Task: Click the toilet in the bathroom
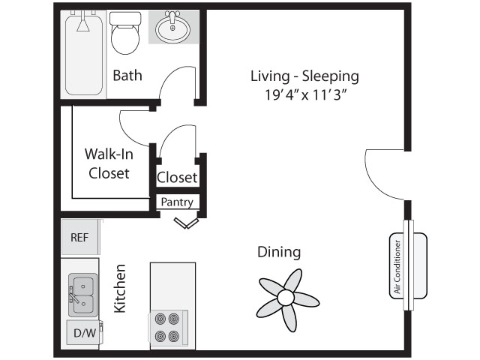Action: pyautogui.click(x=125, y=33)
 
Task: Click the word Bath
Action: pyautogui.click(x=127, y=75)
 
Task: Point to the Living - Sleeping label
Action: pyautogui.click(x=304, y=76)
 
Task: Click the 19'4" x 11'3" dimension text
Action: pyautogui.click(x=306, y=95)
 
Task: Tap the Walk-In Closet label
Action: pyautogui.click(x=109, y=163)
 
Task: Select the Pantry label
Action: pyautogui.click(x=177, y=202)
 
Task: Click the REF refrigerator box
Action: pyautogui.click(x=80, y=237)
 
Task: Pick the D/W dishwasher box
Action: pyautogui.click(x=85, y=333)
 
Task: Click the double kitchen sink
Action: pyautogui.click(x=83, y=295)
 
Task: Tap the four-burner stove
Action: pyautogui.click(x=168, y=328)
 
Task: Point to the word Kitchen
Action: pyautogui.click(x=120, y=288)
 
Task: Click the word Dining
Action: pyautogui.click(x=279, y=252)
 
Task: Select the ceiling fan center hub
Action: pyautogui.click(x=286, y=297)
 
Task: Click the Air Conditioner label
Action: pyautogui.click(x=397, y=267)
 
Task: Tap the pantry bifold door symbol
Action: pyautogui.click(x=186, y=223)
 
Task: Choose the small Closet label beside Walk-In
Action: pyautogui.click(x=177, y=177)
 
